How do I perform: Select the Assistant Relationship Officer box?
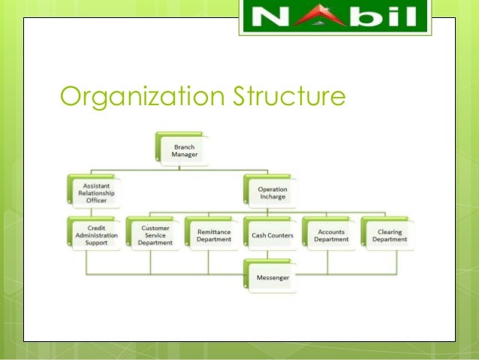tap(93, 192)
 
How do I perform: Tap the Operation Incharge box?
tap(271, 192)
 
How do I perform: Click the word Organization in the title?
tap(132, 98)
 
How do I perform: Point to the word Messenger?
tap(272, 277)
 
